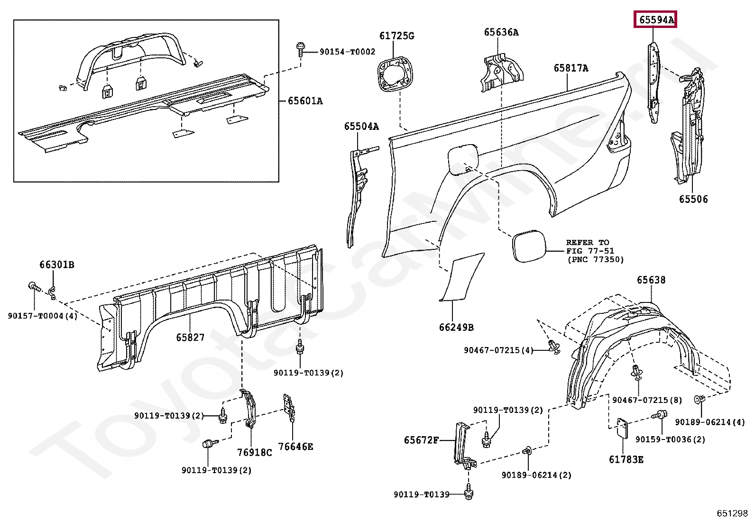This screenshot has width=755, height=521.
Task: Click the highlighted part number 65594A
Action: (x=656, y=20)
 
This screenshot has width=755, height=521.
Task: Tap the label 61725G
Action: (x=396, y=36)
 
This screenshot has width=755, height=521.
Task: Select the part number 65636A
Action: (x=501, y=32)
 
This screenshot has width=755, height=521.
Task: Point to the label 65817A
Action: (x=571, y=68)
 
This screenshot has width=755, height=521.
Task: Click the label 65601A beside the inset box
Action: (x=305, y=101)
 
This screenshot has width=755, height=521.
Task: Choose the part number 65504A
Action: (x=361, y=126)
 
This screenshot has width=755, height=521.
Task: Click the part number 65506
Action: (x=693, y=199)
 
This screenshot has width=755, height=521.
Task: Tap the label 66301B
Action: (x=56, y=265)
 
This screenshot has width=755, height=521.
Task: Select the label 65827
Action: (x=190, y=338)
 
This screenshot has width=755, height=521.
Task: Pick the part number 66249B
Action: (x=456, y=327)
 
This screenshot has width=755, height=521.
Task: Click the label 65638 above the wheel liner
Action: (x=651, y=280)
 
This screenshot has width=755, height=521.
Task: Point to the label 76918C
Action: (x=255, y=452)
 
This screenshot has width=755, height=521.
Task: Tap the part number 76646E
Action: (x=295, y=447)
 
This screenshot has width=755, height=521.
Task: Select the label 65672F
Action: (x=421, y=440)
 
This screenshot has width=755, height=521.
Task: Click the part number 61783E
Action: (x=626, y=459)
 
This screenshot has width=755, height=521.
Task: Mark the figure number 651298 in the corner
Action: (x=732, y=513)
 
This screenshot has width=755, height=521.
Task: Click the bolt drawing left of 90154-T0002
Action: (x=301, y=49)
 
